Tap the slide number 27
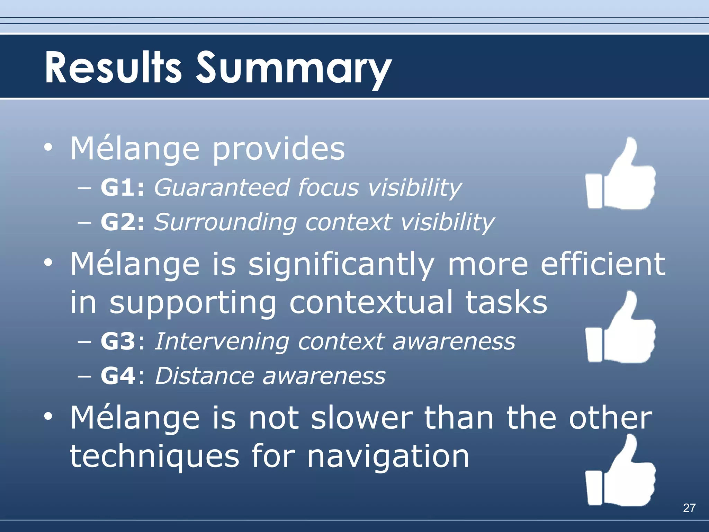[689, 508]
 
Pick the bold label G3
[118, 341]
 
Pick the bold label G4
[118, 376]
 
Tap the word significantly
[341, 265]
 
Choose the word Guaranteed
[221, 188]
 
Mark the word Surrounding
[225, 222]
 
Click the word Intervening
[222, 341]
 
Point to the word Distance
[204, 376]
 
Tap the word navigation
[388, 456]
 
